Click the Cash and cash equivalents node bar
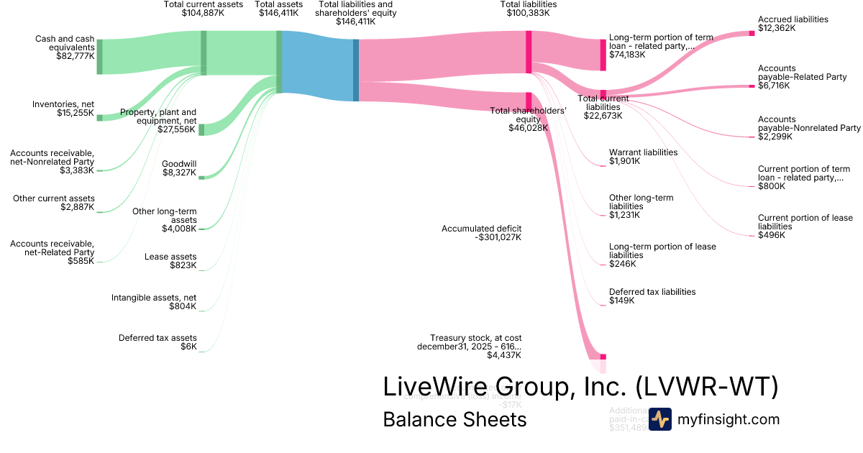[100, 57]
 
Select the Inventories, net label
[63, 104]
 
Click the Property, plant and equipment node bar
[201, 129]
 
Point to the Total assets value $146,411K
[276, 13]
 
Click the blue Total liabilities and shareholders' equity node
[355, 70]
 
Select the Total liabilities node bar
[529, 51]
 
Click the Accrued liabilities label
[793, 19]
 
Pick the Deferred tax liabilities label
[652, 292]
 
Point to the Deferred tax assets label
[157, 338]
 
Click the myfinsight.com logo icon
[660, 419]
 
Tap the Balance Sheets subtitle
[455, 419]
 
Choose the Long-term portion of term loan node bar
[603, 55]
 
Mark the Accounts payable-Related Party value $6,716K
[774, 86]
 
